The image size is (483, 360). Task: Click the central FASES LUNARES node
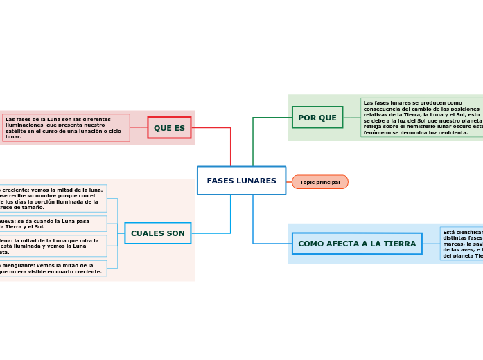coord(241,181)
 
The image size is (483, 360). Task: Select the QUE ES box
coord(169,128)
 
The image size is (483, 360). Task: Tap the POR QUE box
coord(317,118)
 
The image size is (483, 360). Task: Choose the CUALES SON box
coord(157,233)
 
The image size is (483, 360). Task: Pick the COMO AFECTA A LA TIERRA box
coord(357,244)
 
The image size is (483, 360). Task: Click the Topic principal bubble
coord(319,182)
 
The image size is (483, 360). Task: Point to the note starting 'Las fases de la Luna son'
coord(66,128)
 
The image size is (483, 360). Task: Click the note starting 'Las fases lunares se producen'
coord(421,118)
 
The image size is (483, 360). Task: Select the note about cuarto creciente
coord(53,198)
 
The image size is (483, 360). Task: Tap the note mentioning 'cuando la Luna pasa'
coord(53,224)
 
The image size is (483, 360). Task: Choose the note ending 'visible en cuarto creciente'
coord(53,269)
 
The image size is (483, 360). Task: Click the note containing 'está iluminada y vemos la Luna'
coord(53,246)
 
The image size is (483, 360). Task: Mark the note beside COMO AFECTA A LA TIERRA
coord(462,244)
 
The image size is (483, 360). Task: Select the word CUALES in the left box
coord(143,233)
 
